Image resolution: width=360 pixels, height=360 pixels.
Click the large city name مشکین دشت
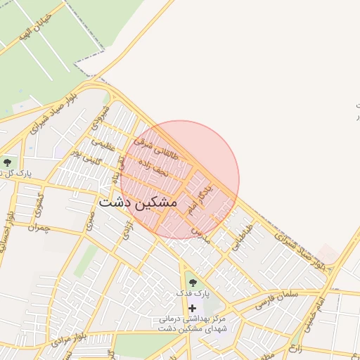click(x=138, y=202)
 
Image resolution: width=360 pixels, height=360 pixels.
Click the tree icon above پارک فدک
click(x=192, y=283)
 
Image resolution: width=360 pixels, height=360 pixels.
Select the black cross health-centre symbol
click(x=192, y=308)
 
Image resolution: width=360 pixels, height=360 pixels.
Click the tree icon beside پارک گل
click(x=7, y=162)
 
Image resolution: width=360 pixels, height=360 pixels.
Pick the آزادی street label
click(x=127, y=231)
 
